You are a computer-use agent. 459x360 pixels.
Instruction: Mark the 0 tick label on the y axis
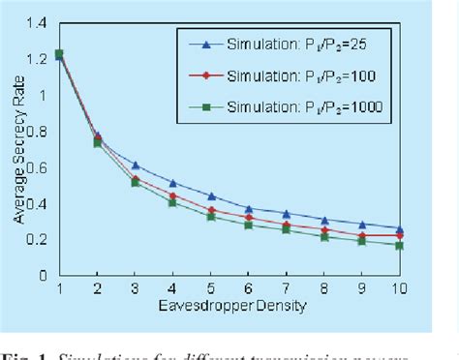pos(42,275)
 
